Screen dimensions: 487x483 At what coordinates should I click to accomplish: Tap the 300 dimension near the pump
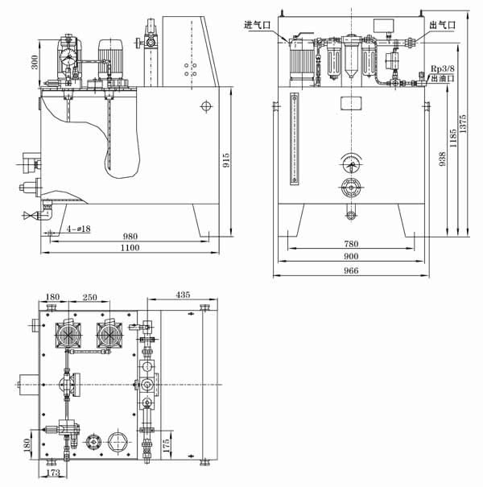(35, 62)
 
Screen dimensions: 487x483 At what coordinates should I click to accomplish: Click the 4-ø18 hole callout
(78, 229)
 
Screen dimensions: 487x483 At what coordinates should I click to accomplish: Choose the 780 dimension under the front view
(350, 244)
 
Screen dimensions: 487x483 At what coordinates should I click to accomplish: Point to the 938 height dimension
(440, 160)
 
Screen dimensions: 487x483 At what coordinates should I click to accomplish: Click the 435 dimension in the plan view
(182, 295)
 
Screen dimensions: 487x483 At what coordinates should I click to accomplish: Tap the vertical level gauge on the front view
(293, 140)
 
